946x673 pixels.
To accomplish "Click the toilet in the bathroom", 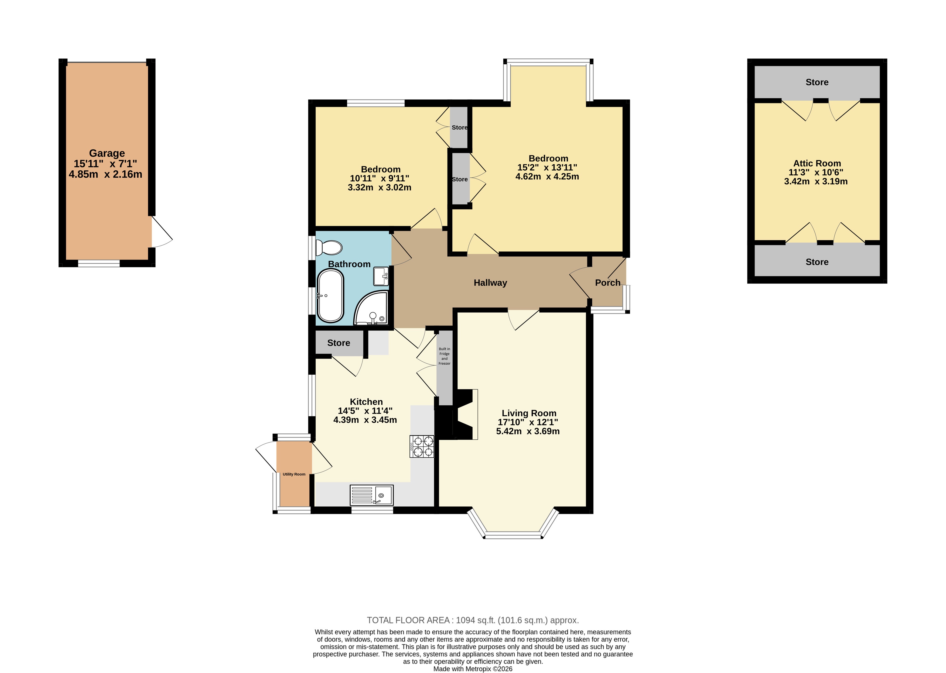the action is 329,247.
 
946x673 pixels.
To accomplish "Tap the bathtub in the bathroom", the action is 330,296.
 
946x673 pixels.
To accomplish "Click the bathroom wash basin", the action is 381,277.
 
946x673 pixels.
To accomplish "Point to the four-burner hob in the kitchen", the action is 422,446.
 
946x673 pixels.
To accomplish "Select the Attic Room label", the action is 817,163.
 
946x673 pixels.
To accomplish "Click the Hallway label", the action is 490,283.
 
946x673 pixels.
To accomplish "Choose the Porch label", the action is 607,283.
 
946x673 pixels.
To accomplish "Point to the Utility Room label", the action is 294,474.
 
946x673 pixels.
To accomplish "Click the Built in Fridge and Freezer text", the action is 445,356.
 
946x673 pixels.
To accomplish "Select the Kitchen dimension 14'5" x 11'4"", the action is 365,411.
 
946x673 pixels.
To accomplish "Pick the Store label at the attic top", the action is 817,82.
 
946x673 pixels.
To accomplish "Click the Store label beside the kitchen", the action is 339,343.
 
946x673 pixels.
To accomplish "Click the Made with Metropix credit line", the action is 473,668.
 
